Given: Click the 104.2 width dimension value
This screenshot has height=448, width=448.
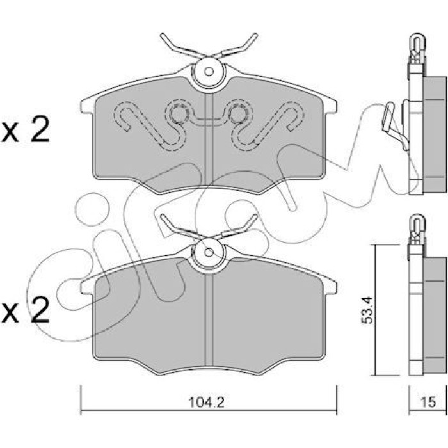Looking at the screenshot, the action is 207,403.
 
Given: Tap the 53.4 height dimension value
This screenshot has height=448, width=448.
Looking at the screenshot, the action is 367,310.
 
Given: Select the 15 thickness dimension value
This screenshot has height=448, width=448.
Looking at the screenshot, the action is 428,402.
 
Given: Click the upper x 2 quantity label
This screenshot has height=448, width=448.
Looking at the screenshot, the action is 25,130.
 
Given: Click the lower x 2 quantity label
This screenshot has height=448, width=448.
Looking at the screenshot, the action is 25,309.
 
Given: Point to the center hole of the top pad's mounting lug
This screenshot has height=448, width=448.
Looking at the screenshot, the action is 209,72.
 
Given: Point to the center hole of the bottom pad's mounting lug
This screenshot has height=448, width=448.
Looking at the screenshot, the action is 209,252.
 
